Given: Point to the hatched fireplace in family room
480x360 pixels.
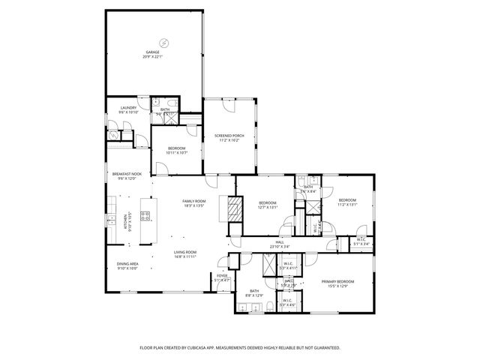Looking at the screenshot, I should pos(235,208).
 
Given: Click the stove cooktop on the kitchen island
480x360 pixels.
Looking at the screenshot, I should pos(145,217).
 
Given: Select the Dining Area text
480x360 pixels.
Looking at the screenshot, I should pos(127,265).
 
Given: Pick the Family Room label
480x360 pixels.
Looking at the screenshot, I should pos(194,202).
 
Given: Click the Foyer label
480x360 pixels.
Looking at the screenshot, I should pos(222,277).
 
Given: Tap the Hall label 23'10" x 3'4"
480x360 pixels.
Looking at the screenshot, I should pos(279,244).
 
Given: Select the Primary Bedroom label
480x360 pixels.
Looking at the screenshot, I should pos(337,283).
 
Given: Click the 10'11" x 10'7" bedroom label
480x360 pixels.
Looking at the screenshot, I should pos(177,150).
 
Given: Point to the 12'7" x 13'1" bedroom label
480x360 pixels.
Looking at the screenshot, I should pos(268,205).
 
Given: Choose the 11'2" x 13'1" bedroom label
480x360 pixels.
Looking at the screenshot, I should pos(347,202).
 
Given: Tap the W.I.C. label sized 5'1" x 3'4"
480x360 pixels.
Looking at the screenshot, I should pos(361,241).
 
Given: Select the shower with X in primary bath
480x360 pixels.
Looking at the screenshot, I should pos(269,265).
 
